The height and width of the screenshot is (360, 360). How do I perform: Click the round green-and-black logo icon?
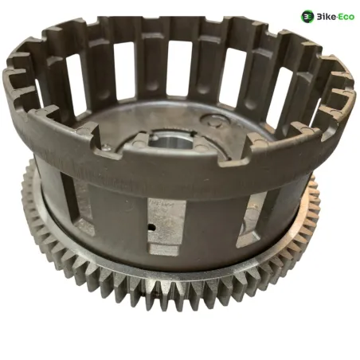click(307, 17)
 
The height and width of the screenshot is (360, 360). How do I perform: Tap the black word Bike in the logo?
click(325, 17)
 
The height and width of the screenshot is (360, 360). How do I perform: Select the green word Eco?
click(346, 17)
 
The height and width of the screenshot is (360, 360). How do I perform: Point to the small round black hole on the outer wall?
click(151, 226)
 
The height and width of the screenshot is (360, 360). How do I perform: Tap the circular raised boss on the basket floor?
click(214, 120)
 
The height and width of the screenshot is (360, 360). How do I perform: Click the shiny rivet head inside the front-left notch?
click(106, 147)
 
